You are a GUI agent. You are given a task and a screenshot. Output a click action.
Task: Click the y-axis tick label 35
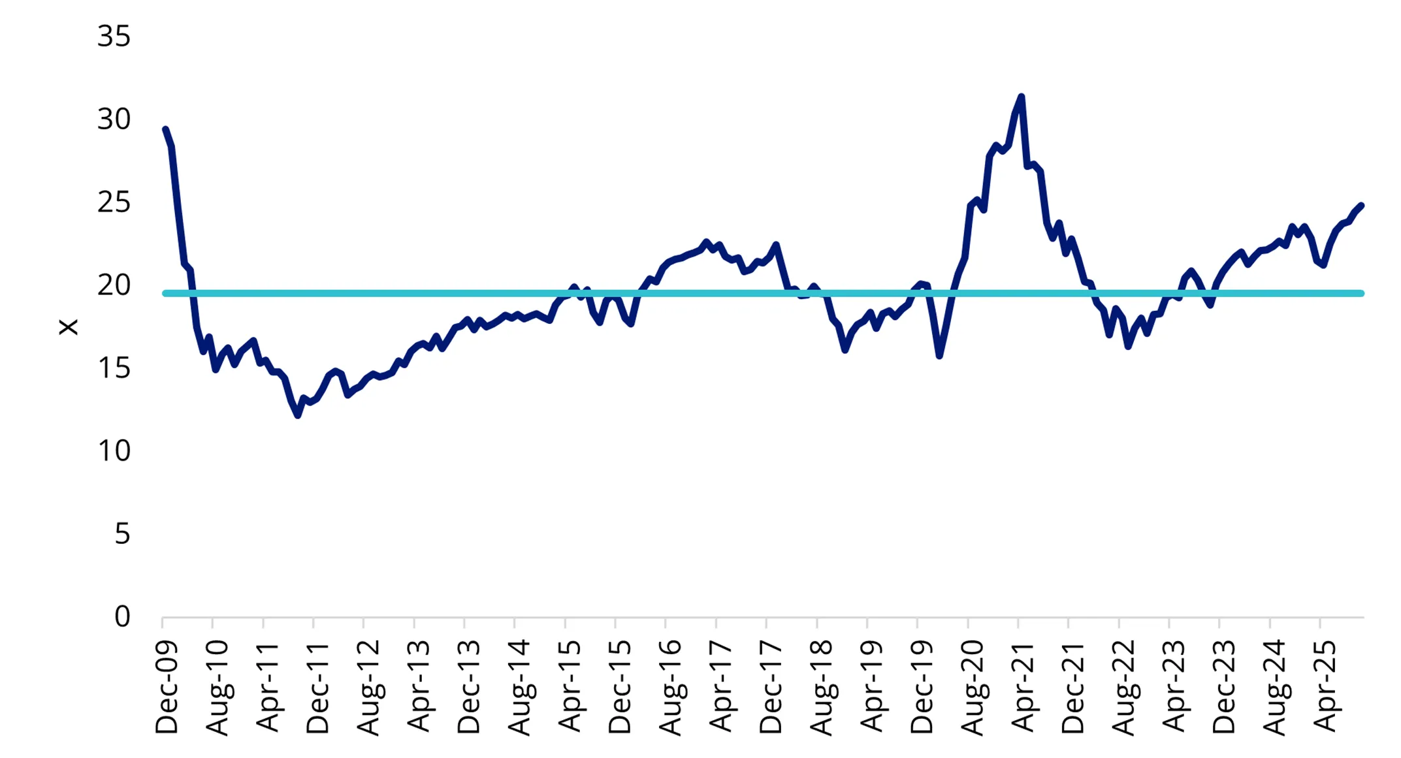click(114, 36)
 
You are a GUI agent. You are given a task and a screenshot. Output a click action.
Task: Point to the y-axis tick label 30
click(114, 119)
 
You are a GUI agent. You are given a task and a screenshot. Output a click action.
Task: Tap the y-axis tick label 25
click(114, 202)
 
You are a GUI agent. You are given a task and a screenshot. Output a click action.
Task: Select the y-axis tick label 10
click(114, 450)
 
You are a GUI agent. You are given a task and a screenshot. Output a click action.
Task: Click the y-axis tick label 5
click(122, 533)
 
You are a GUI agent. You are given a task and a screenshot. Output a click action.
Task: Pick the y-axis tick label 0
click(122, 616)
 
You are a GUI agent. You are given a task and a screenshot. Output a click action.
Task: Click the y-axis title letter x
click(69, 326)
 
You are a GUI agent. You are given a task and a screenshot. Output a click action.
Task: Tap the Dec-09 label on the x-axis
click(166, 687)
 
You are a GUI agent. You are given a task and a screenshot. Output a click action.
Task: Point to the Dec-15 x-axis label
click(619, 687)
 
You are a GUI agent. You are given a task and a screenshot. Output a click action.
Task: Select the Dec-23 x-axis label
click(1223, 687)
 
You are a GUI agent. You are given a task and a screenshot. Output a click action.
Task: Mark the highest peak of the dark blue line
click(1021, 97)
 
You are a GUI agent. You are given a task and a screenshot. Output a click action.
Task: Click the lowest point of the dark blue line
click(298, 415)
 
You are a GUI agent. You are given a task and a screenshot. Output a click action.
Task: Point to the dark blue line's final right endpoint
click(1361, 206)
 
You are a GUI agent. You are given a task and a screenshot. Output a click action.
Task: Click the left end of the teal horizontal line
click(165, 293)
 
